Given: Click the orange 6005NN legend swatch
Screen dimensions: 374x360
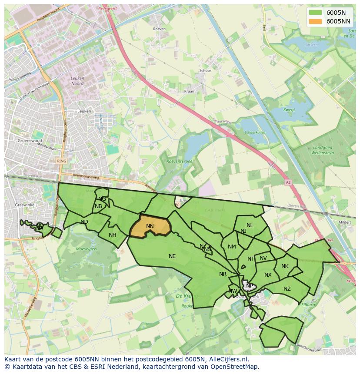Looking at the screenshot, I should (x=316, y=21).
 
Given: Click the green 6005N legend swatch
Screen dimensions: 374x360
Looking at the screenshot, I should (x=316, y=13).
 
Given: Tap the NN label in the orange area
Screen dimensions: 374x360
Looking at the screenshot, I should (x=150, y=226).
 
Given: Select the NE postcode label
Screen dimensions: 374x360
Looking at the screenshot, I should (x=172, y=256).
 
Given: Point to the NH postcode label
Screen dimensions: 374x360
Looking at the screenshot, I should (x=113, y=235).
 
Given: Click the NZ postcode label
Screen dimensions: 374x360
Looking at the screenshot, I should (x=287, y=289).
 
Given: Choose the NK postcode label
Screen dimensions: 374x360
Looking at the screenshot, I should (x=285, y=266).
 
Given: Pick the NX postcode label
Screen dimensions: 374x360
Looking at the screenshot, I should (x=268, y=275).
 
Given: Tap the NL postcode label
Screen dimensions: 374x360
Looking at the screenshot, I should (x=250, y=225).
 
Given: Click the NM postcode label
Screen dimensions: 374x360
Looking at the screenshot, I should (x=232, y=247).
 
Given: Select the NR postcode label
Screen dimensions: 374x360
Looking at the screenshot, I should (x=223, y=274).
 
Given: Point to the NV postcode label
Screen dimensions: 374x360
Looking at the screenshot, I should (x=263, y=258).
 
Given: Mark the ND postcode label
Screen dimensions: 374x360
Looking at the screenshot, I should (x=84, y=222).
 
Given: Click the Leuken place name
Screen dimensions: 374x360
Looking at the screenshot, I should (x=84, y=111).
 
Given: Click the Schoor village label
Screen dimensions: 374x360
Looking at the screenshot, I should (x=205, y=70).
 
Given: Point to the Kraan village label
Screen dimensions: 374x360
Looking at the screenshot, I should (x=189, y=92).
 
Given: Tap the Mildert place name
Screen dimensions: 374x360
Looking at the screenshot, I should (x=344, y=222).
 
